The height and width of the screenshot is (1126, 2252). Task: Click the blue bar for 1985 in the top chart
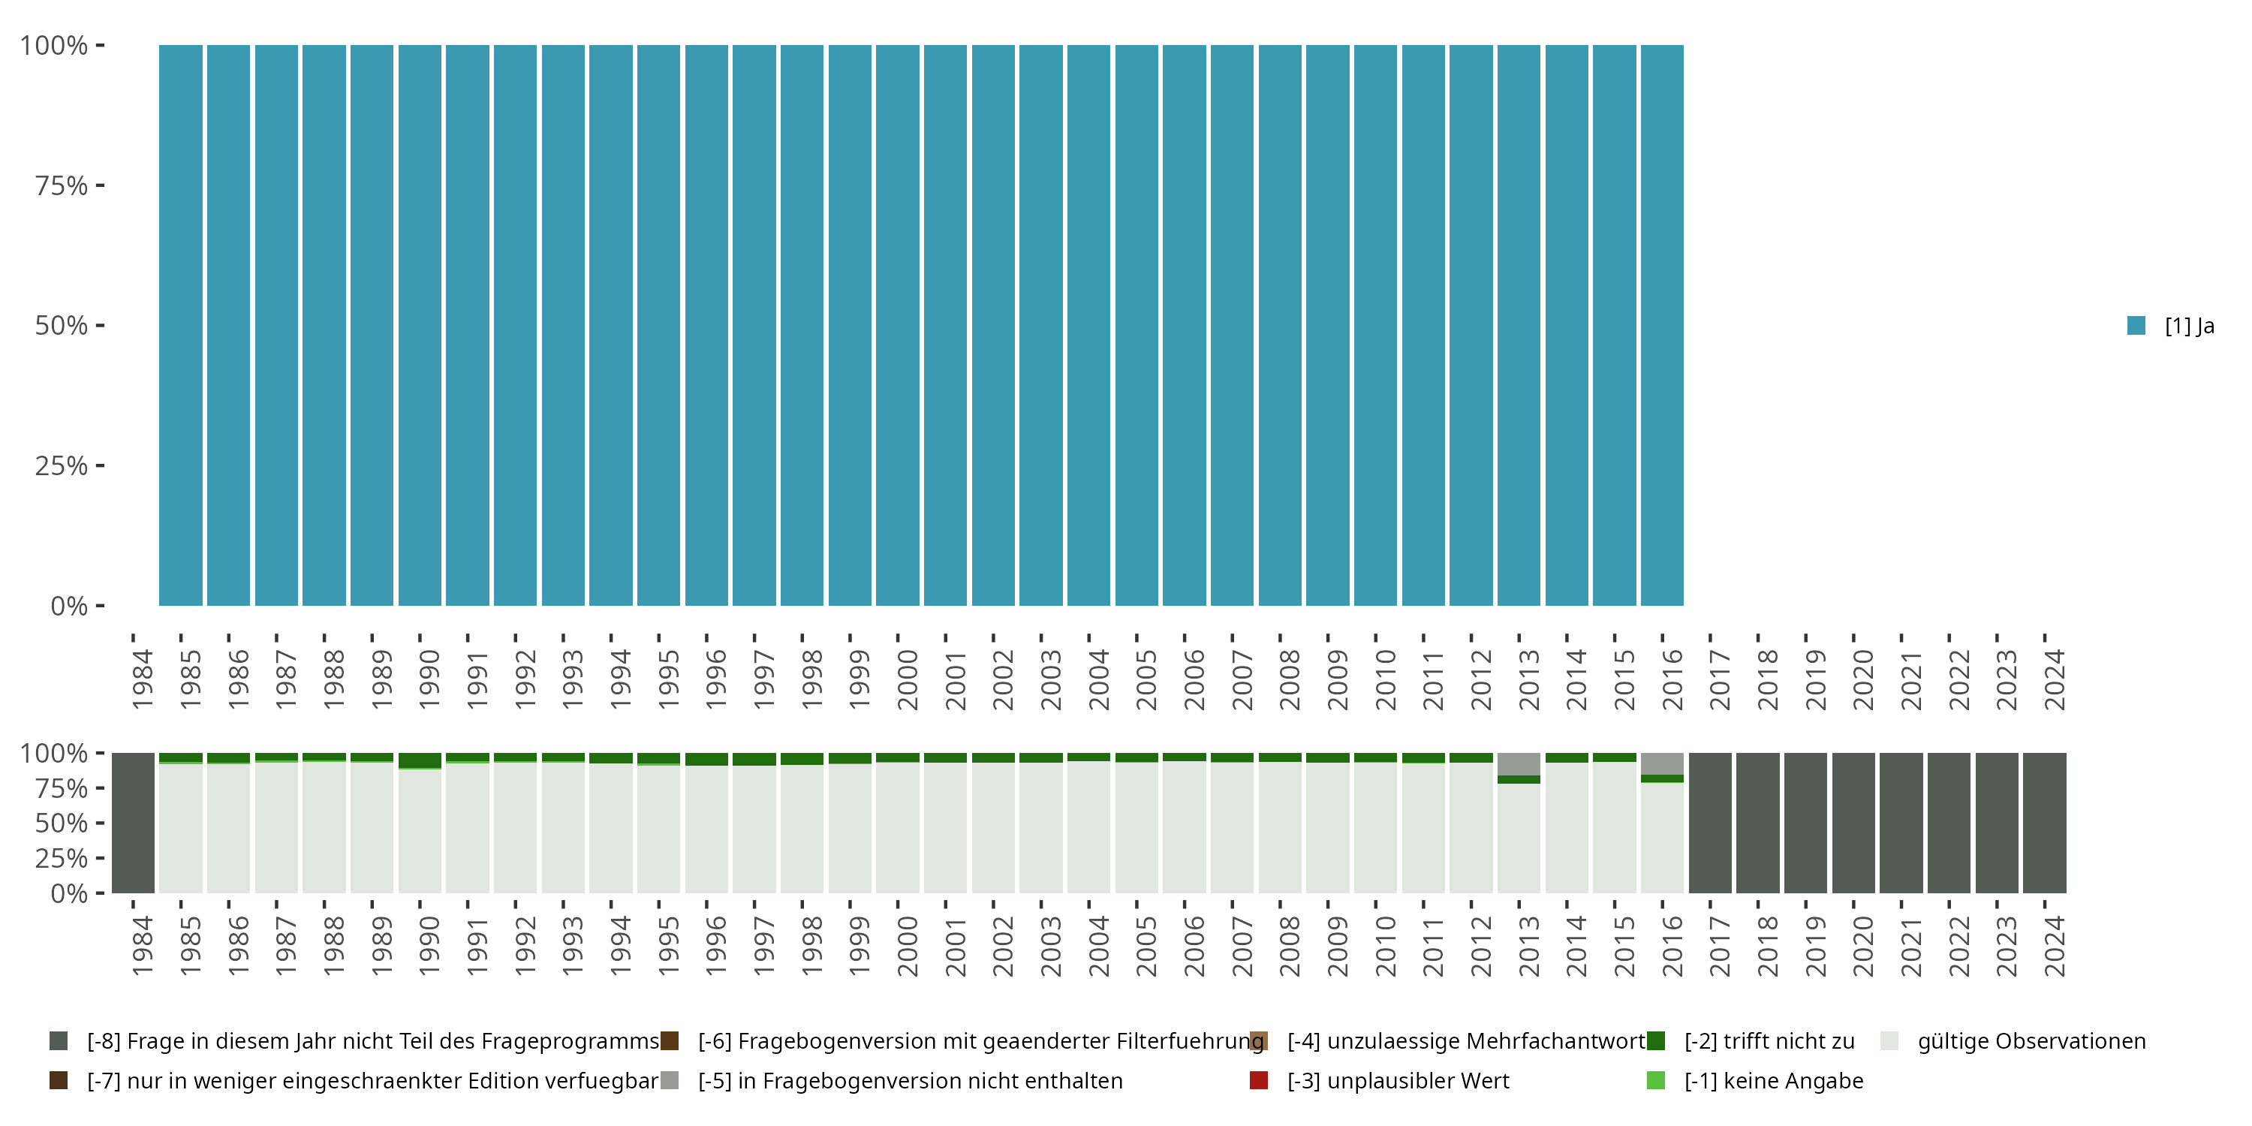point(180,325)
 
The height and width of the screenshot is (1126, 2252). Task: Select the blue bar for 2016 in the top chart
point(1661,325)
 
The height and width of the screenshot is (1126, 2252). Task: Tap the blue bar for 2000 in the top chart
point(897,325)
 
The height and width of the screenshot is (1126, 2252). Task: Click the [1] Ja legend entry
point(2171,326)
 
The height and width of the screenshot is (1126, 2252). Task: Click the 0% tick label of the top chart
point(69,606)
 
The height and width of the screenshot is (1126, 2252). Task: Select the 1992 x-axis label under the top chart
point(525,679)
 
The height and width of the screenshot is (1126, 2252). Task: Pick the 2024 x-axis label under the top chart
point(2054,679)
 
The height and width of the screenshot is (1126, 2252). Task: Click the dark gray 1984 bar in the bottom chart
point(133,823)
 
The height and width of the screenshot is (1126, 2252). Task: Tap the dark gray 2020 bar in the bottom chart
point(1853,823)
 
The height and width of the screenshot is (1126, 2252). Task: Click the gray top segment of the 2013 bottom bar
point(1519,764)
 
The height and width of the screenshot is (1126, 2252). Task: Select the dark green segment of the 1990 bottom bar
point(420,760)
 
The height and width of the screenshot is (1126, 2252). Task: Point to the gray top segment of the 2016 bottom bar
point(1661,763)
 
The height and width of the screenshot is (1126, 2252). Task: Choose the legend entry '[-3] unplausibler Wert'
point(1397,1080)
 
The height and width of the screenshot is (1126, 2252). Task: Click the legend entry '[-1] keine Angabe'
point(1773,1080)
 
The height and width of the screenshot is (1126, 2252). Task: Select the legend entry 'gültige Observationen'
point(2030,1041)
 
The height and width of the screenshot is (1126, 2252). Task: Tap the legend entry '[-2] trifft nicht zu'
point(1768,1041)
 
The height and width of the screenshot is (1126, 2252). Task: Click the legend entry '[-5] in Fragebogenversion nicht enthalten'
point(909,1080)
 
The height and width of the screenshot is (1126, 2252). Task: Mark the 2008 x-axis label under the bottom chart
point(1290,946)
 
